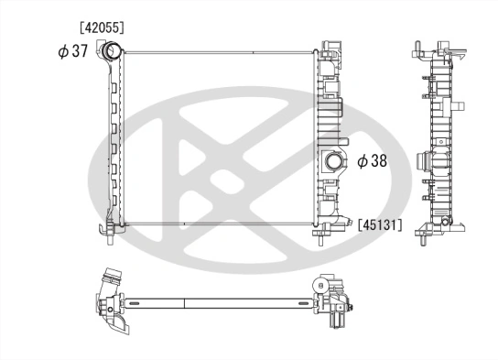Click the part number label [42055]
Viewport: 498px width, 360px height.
coord(99,28)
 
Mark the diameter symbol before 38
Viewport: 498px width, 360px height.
coord(363,160)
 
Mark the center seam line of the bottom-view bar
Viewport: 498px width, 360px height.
coord(185,302)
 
